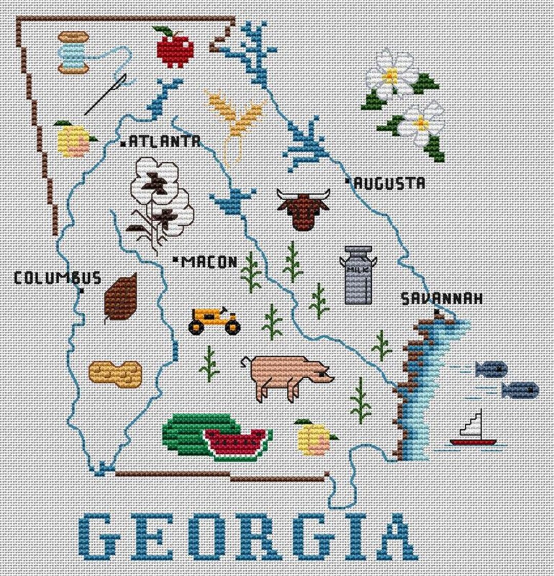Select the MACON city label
click(x=209, y=262)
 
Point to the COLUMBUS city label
click(x=57, y=278)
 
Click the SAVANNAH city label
click(x=441, y=298)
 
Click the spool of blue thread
click(x=73, y=52)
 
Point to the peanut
click(x=115, y=373)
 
